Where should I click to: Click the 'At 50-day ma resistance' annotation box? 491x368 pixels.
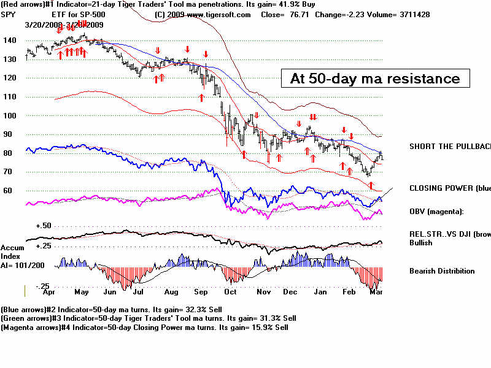click(x=374, y=78)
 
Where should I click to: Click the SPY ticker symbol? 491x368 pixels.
click(x=9, y=14)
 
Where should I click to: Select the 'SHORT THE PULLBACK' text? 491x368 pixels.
click(x=450, y=147)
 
